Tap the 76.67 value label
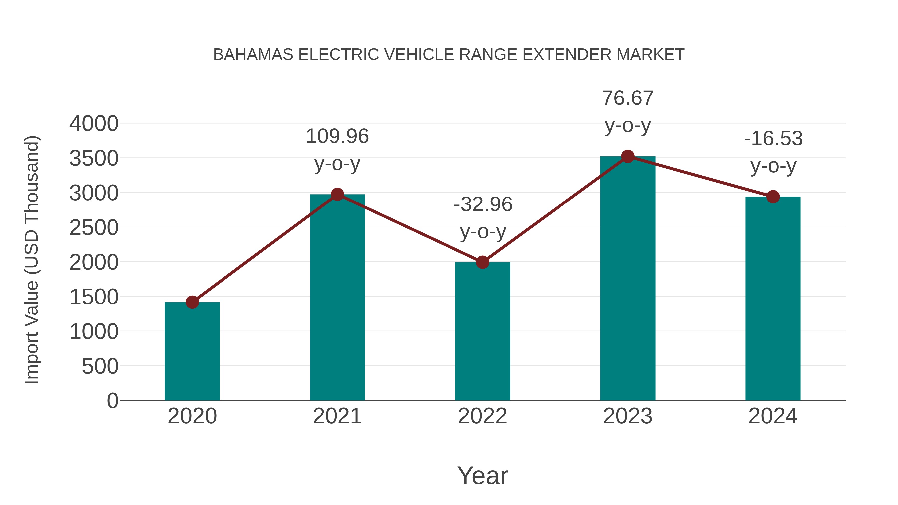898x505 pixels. (628, 98)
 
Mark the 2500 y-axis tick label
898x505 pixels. (94, 228)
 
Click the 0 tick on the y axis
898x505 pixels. (112, 401)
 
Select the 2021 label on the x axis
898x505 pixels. (337, 416)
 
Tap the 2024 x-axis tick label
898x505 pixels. (773, 416)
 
